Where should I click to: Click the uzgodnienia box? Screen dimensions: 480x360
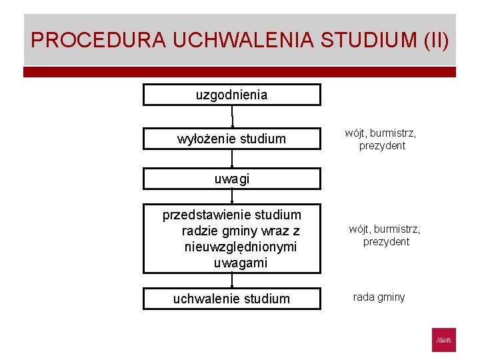231,95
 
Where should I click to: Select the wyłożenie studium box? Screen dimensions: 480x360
231,139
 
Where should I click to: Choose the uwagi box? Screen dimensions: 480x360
231,179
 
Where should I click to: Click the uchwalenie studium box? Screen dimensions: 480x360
231,298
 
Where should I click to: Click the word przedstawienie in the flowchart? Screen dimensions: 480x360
201,215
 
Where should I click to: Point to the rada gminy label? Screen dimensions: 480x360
379,297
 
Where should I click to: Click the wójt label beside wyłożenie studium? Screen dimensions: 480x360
355,133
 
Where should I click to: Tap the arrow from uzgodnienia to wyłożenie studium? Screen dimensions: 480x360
232,117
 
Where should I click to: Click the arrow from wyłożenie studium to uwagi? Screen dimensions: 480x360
232,159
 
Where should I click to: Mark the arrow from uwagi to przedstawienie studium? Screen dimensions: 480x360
232,196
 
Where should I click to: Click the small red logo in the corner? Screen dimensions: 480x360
444,339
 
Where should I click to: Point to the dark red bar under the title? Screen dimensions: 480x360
240,71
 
